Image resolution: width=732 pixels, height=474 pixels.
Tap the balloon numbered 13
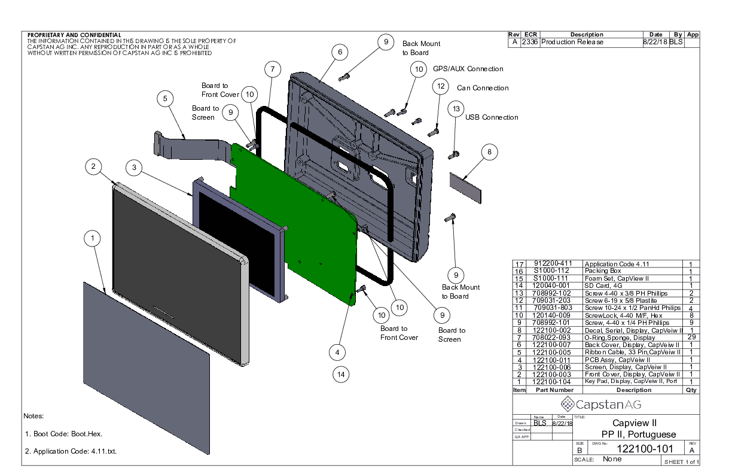click(x=456, y=109)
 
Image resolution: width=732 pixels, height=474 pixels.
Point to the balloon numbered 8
click(x=489, y=153)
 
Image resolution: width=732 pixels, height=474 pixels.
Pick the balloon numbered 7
click(x=272, y=70)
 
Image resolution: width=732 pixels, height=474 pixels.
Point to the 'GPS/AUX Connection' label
click(x=468, y=69)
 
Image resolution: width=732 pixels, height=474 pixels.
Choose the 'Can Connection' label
click(x=483, y=88)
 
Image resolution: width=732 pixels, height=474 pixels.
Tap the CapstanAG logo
click(x=606, y=404)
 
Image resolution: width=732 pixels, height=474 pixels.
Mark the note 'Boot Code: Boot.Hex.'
click(x=68, y=434)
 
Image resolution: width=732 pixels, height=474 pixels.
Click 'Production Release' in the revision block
click(x=572, y=42)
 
